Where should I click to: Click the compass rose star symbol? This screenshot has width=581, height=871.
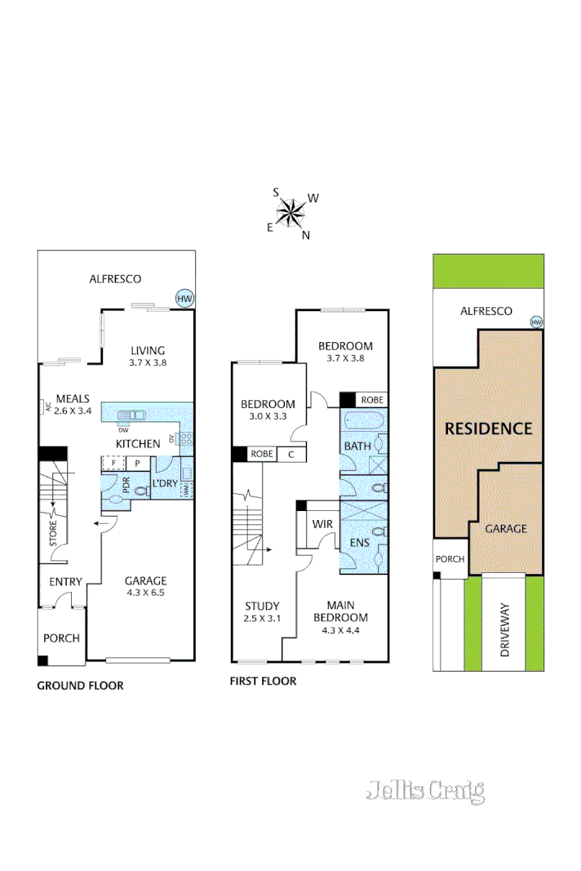coord(291,213)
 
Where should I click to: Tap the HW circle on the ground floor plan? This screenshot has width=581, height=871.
coord(185,299)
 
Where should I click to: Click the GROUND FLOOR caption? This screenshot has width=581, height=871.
coord(80,686)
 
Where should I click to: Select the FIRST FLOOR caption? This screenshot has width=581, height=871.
coord(264,681)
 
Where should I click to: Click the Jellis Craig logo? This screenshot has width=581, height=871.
coord(425,791)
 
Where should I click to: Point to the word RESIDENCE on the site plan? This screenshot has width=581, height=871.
coord(488,429)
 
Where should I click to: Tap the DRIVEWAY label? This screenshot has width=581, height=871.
coord(504,631)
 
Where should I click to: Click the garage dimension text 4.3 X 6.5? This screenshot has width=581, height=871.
coord(145,593)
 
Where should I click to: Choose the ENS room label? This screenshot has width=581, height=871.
coord(359,541)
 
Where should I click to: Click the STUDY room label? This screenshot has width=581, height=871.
coord(262,607)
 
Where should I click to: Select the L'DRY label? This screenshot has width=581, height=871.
coord(166,482)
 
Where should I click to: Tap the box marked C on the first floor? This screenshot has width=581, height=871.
coord(291,454)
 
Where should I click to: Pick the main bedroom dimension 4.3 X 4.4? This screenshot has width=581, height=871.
coord(346,629)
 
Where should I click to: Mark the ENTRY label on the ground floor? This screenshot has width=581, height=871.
coord(65,581)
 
